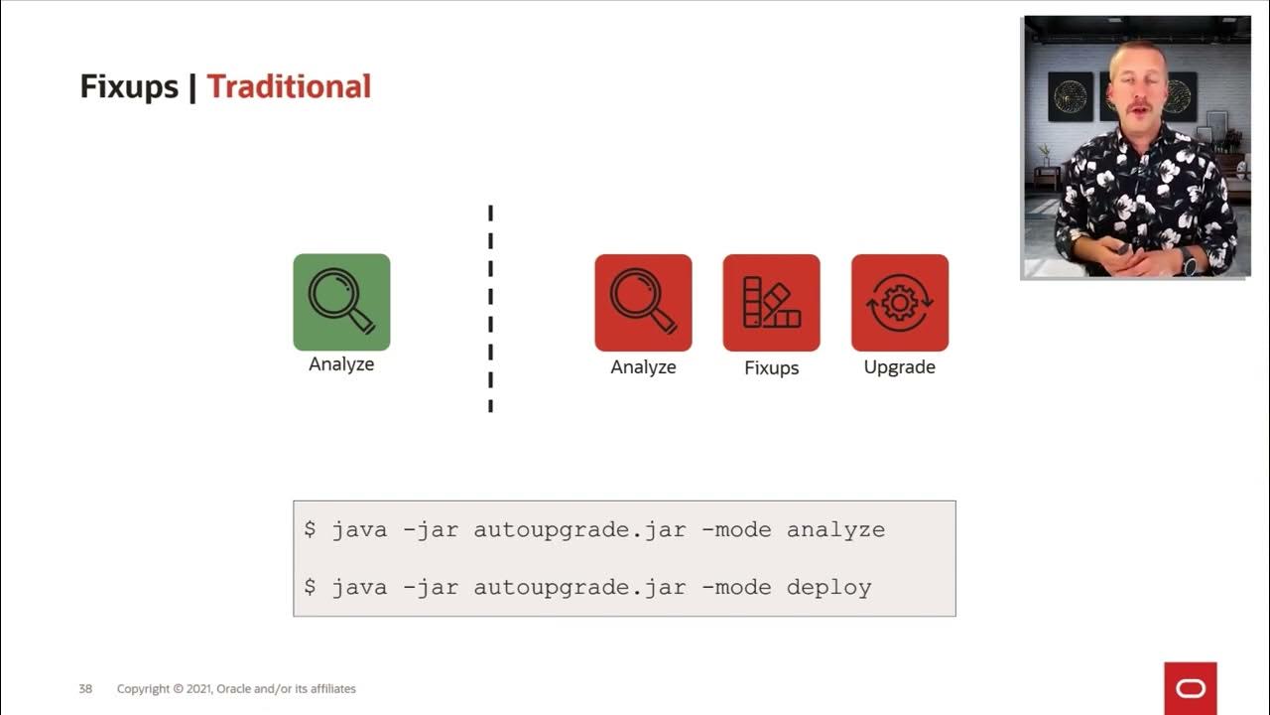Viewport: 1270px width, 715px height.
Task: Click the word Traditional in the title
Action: [x=289, y=87]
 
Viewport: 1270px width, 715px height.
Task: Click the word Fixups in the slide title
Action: [x=128, y=87]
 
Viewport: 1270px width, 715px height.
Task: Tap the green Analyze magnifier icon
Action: [x=341, y=302]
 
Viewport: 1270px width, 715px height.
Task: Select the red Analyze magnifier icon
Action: [x=643, y=303]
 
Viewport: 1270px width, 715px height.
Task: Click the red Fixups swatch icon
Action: [x=771, y=303]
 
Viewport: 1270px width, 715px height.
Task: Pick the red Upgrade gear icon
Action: [x=899, y=303]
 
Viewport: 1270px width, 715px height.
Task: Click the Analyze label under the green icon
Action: [x=341, y=364]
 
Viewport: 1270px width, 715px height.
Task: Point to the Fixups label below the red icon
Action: [x=771, y=367]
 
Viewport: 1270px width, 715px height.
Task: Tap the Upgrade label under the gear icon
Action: [x=899, y=367]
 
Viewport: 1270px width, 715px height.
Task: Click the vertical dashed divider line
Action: [x=490, y=308]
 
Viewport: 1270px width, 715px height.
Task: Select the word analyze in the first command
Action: [x=835, y=530]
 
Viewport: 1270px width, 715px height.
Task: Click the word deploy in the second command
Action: [x=828, y=587]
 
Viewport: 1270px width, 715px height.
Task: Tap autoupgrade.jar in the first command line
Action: [x=579, y=530]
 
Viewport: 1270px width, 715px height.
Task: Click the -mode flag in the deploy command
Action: [x=735, y=587]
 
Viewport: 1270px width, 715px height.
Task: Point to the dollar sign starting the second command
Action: [x=310, y=587]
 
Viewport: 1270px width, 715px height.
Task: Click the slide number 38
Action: [x=85, y=689]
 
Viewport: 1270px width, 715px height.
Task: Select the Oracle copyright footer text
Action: [x=236, y=689]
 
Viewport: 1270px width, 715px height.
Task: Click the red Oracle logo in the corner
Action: [x=1190, y=688]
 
